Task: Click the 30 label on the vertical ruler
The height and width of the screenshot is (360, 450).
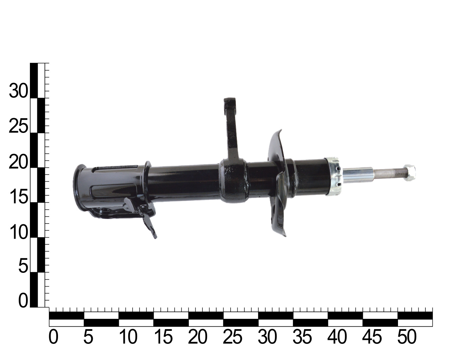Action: [18, 91]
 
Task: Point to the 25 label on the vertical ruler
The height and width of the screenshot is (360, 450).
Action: [18, 126]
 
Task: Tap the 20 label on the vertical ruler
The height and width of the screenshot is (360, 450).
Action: [18, 161]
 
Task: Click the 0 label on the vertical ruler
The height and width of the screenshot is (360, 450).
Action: [23, 300]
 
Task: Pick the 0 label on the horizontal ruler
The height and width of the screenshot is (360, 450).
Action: [53, 337]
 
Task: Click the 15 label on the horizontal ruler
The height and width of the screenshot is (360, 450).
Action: [163, 337]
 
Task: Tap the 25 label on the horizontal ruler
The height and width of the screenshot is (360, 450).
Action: [232, 337]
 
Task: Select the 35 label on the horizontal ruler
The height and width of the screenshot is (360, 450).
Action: [302, 337]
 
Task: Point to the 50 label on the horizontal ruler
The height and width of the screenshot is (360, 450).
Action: [407, 337]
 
